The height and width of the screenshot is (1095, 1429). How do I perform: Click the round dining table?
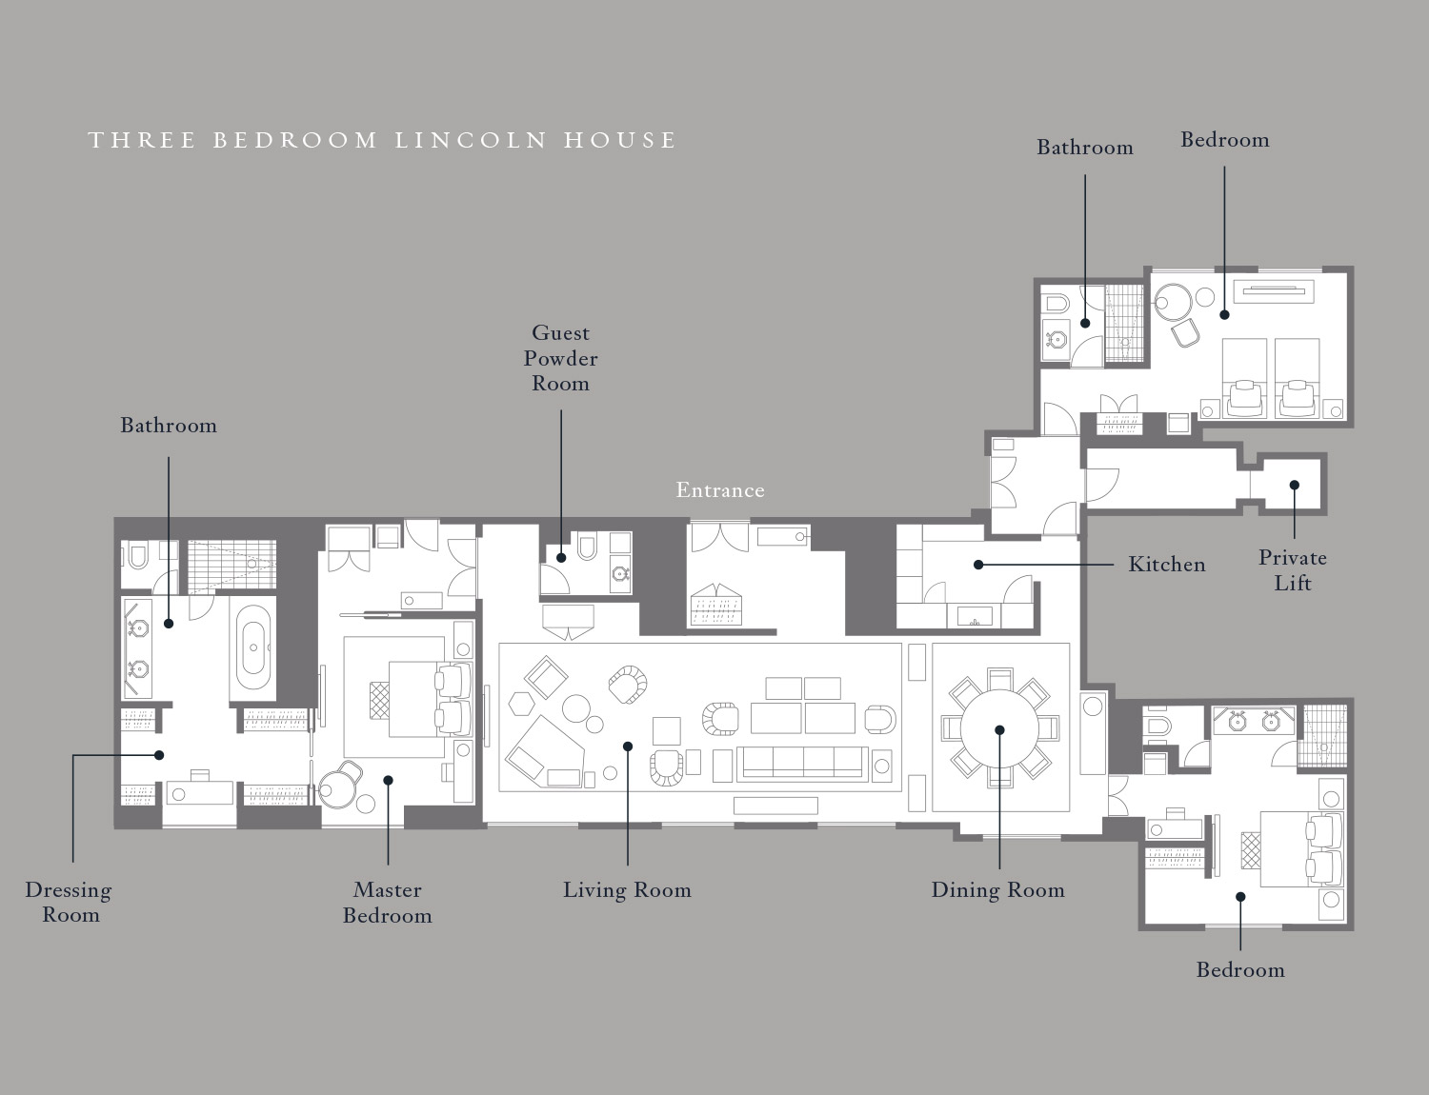999,729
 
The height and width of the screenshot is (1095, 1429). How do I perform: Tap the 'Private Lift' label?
1293,569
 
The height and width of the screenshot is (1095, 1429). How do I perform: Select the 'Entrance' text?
720,489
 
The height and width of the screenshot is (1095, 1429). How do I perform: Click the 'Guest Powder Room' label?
560,358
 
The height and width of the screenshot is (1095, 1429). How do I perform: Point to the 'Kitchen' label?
1167,564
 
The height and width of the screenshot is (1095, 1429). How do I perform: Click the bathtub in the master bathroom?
253,647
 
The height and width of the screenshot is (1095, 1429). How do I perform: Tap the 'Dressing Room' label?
69,902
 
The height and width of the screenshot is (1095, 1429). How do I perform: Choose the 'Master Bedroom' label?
388,902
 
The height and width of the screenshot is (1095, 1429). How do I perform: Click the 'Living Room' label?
627,890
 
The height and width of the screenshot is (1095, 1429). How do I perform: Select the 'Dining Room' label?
997,890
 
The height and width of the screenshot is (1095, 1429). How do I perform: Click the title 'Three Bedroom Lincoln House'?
382,141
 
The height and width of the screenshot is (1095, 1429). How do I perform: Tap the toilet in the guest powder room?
587,547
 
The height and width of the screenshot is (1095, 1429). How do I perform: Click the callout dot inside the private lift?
1294,485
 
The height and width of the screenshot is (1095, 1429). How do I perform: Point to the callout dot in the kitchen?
977,565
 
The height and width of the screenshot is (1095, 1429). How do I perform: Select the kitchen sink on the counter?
975,617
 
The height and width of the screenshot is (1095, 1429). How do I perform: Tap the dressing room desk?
199,792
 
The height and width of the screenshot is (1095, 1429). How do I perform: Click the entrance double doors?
719,537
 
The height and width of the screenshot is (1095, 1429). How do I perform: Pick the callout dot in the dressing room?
158,755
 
